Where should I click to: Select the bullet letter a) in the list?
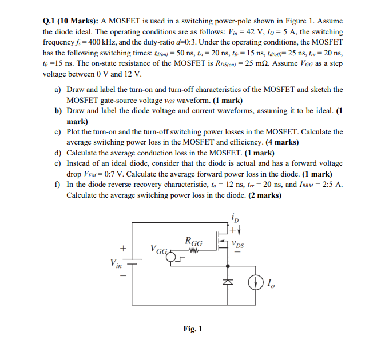coord(58,90)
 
